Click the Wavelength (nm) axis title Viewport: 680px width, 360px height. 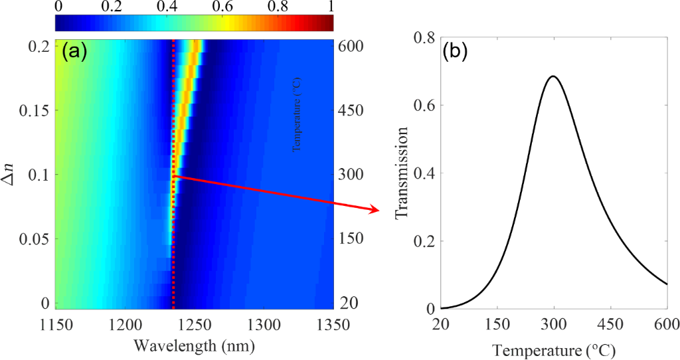194,345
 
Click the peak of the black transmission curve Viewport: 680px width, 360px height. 552,76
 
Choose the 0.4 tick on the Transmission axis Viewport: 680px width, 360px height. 424,173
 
